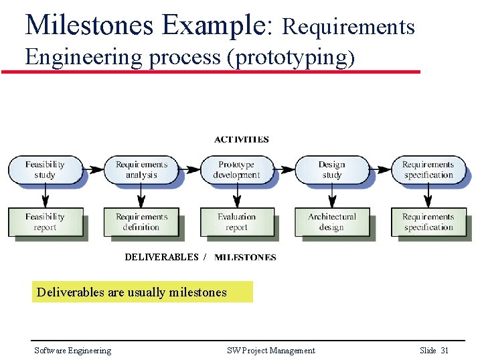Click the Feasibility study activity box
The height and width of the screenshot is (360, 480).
(45, 170)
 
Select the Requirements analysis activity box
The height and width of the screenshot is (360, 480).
(141, 170)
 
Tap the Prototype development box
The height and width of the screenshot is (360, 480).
(236, 170)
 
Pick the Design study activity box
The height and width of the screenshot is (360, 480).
(331, 170)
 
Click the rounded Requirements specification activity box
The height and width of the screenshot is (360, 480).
(428, 170)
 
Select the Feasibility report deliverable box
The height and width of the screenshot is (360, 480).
(45, 222)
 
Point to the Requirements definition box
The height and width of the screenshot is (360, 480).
(141, 222)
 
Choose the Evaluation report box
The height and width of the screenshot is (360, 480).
(236, 222)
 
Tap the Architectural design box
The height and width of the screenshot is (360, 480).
(332, 222)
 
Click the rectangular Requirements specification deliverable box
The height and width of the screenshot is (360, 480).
(428, 222)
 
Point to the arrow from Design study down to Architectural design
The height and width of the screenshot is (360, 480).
(331, 196)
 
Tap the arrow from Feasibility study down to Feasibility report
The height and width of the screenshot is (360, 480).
(45, 196)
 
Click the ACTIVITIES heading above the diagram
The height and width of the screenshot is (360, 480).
(242, 140)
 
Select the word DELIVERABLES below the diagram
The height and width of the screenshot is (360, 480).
(161, 257)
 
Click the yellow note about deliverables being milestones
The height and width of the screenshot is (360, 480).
(142, 292)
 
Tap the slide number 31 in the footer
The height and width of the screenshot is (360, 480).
(445, 351)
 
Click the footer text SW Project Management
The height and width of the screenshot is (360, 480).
(270, 351)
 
